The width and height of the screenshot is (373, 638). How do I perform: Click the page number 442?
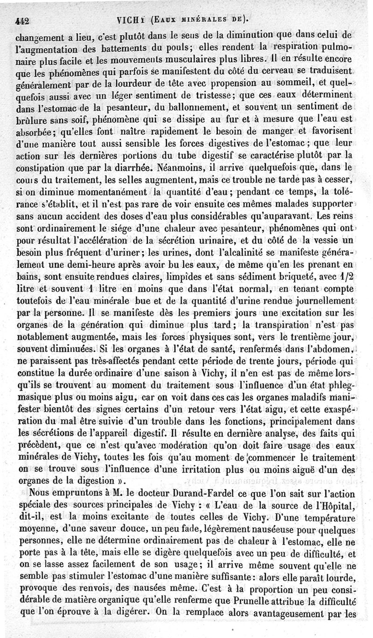(x=22, y=20)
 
